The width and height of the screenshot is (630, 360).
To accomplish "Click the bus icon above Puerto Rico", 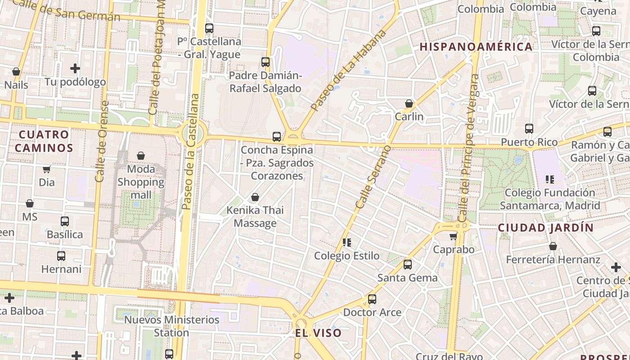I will (x=529, y=129).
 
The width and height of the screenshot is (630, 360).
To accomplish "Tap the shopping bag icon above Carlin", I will (x=409, y=104).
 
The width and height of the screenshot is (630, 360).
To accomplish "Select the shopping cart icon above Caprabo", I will (x=454, y=236).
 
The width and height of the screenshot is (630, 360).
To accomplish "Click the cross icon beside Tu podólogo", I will (x=75, y=68).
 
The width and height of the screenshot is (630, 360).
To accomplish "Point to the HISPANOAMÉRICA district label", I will (x=476, y=47).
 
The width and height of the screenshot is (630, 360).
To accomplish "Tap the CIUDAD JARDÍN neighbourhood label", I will (x=546, y=228).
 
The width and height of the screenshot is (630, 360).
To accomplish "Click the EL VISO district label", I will (x=319, y=333).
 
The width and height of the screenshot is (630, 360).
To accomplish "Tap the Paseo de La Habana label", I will (x=349, y=70).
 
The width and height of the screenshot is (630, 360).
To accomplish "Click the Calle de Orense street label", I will (x=102, y=141).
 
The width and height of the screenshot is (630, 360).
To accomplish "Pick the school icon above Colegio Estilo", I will (x=347, y=243).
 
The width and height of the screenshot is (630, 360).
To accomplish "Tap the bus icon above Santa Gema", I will (x=408, y=265).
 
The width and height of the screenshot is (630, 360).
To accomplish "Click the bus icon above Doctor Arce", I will (x=372, y=299).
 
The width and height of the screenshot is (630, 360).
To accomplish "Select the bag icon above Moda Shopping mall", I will (x=141, y=156).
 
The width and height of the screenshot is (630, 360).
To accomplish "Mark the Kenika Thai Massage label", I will (x=255, y=216).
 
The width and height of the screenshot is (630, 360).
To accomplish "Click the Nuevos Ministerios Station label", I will (x=171, y=326).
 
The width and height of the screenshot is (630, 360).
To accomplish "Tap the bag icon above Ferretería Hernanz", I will (x=553, y=247).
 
